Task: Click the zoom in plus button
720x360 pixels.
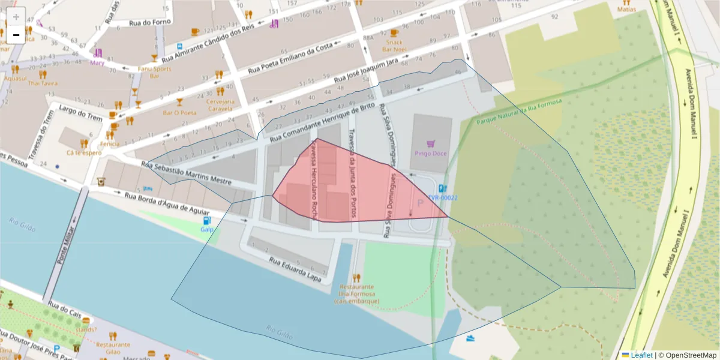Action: [16, 17]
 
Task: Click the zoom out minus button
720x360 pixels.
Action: [16, 35]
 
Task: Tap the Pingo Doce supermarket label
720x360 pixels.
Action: [430, 153]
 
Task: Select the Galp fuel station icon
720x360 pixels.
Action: [207, 220]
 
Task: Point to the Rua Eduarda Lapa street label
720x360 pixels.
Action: [295, 270]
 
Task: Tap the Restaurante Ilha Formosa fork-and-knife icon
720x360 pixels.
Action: [356, 278]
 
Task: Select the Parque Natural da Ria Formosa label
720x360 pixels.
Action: [519, 113]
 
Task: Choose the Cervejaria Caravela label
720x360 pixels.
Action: [220, 106]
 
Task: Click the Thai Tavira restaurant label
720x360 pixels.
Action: [43, 83]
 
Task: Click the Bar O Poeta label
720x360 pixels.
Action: [179, 112]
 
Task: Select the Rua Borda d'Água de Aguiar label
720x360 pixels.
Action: [167, 204]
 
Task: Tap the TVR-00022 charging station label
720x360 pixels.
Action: [443, 197]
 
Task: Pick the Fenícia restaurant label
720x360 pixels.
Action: [110, 144]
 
